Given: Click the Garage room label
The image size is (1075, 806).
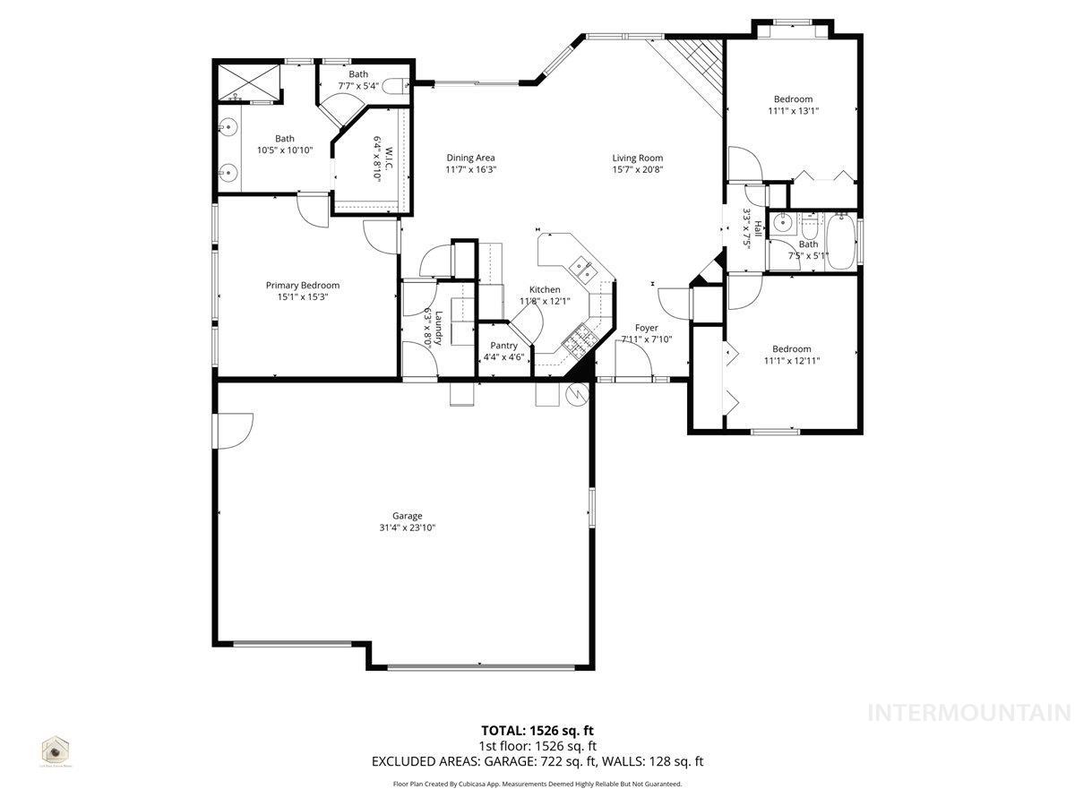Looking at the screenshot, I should point(407,516).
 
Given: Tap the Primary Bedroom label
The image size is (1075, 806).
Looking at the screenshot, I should point(302,286).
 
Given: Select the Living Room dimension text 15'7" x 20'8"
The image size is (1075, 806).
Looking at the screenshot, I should point(638,170).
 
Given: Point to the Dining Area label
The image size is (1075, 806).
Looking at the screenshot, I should point(470,159).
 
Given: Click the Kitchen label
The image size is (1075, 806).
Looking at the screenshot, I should point(545,289).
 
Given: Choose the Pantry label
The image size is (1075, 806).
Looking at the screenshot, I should point(503,346).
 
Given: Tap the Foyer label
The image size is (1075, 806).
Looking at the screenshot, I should point(647,328).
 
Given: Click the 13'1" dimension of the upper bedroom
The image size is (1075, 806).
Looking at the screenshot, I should point(807,111).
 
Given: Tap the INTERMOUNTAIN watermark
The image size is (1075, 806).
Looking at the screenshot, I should point(969,713).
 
